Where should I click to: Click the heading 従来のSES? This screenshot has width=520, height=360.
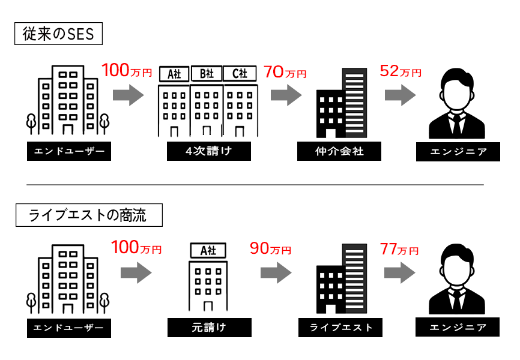click(58, 34)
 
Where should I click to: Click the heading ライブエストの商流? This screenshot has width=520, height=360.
click(88, 215)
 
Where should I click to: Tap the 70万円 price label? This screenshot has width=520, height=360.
click(285, 73)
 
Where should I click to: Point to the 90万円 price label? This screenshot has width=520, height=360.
click(270, 248)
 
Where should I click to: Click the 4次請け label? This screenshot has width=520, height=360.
click(208, 152)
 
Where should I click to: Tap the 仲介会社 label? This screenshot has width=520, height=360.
click(339, 152)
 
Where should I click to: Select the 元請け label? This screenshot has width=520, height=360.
click(208, 328)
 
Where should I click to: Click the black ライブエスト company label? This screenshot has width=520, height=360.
click(340, 328)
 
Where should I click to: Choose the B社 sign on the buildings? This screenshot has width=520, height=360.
click(207, 74)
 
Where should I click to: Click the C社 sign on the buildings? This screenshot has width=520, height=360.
click(240, 74)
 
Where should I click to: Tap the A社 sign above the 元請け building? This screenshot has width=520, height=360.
click(208, 250)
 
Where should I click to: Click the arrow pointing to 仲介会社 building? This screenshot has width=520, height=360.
click(286, 95)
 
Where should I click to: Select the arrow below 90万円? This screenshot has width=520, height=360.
click(276, 273)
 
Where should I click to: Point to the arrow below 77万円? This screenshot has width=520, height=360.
click(400, 273)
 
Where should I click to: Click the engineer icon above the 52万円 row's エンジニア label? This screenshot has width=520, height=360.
click(458, 103)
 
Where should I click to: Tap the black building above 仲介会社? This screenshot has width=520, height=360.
click(340, 103)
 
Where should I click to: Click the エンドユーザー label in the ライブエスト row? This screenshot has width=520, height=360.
click(68, 328)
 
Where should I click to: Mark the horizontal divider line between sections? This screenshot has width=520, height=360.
click(255, 185)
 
